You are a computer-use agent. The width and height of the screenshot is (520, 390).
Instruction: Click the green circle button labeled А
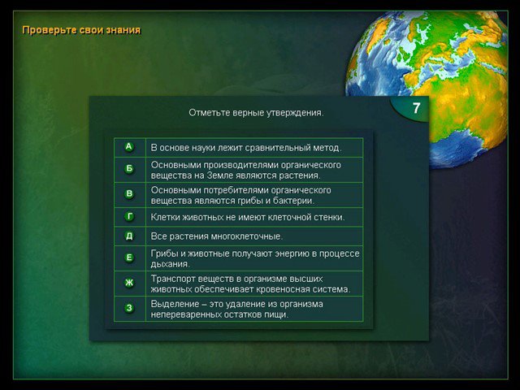[129, 147]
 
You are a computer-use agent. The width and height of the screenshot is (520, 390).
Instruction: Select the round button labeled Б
[129, 169]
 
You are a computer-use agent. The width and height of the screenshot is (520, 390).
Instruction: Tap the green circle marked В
[129, 194]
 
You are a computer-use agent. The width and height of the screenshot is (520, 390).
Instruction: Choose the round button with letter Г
[129, 217]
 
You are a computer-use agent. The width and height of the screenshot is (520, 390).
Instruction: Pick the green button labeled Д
[129, 236]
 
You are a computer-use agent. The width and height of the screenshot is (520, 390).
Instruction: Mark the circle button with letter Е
[129, 258]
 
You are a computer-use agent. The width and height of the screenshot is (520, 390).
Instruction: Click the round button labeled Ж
[129, 283]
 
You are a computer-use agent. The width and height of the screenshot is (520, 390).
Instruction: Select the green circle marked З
[129, 308]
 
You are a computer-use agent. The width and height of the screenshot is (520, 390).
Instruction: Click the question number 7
[416, 108]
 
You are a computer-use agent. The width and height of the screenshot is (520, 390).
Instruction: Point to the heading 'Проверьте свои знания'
[81, 30]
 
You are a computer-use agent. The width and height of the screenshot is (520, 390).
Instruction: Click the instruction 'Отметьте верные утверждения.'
[256, 113]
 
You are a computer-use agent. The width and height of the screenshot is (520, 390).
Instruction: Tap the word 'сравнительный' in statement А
[278, 148]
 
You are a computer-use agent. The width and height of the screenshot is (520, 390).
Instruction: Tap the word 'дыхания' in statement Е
[170, 264]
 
